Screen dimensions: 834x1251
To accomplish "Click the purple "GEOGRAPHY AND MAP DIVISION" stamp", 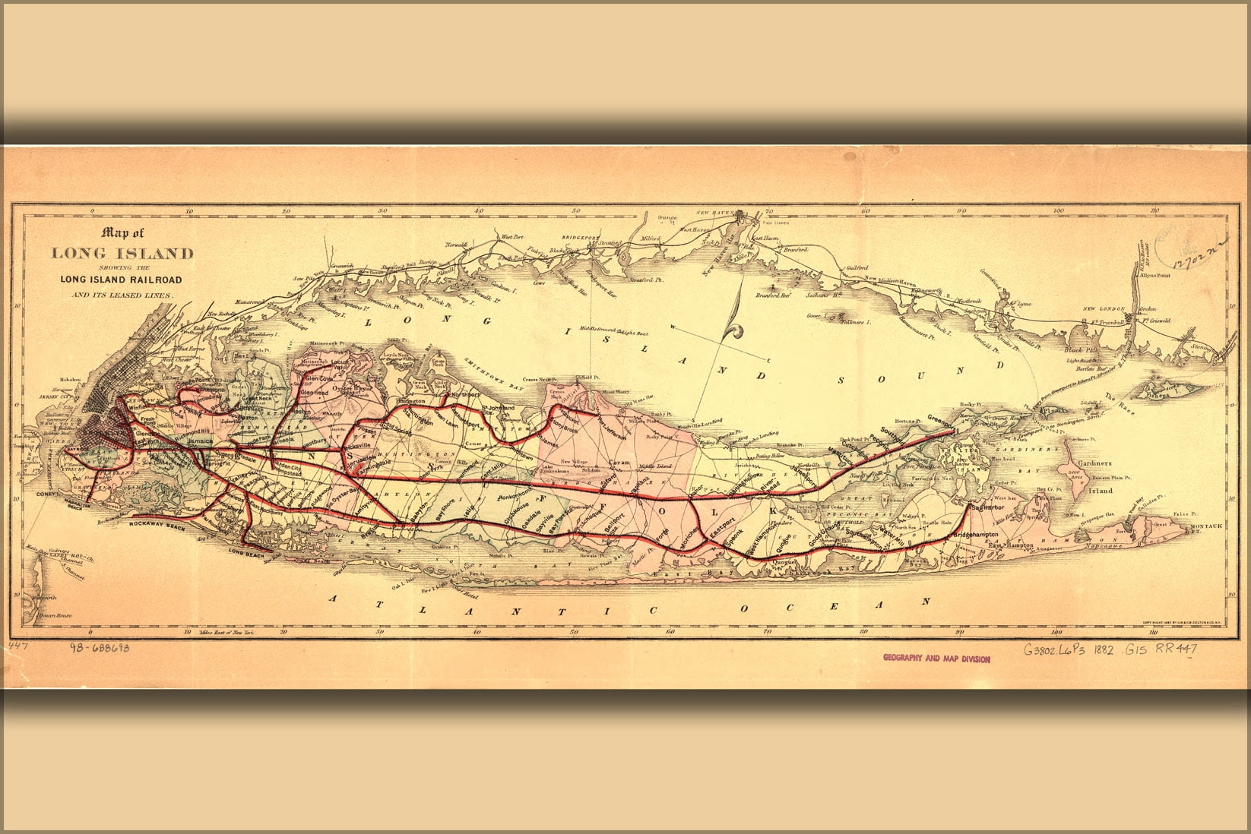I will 936,659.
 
